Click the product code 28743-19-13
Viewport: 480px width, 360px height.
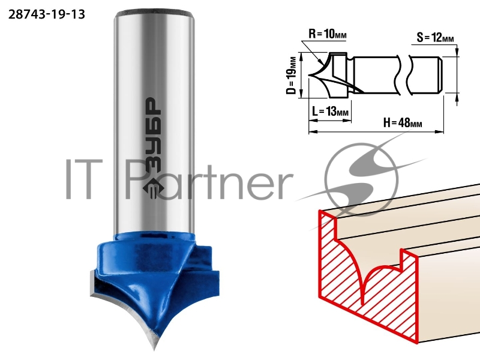click(x=47, y=14)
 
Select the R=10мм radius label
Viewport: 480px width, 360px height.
click(x=328, y=34)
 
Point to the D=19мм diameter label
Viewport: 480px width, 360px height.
click(x=293, y=76)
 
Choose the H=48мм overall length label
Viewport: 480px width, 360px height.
click(x=403, y=123)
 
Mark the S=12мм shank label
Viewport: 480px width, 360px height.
click(x=435, y=38)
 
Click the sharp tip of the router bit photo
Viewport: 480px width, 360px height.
click(x=154, y=349)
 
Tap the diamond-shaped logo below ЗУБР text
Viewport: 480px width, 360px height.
click(x=152, y=187)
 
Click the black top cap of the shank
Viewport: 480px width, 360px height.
click(x=155, y=13)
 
